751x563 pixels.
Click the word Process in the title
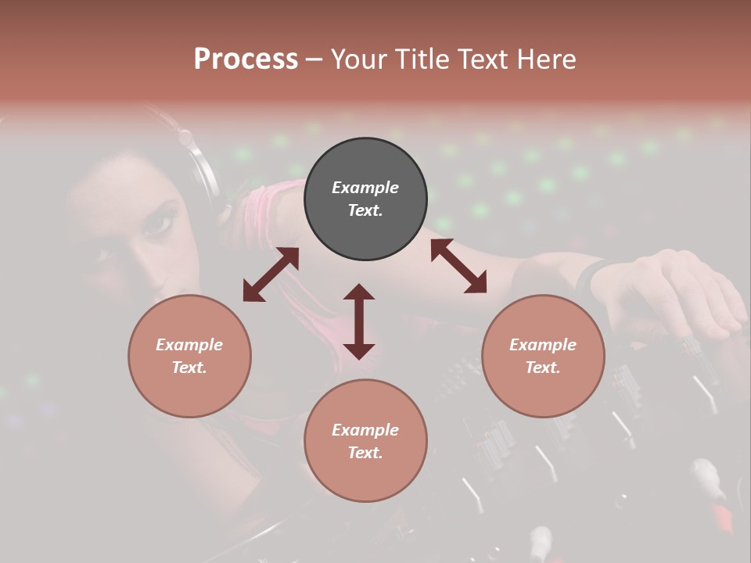click(x=246, y=59)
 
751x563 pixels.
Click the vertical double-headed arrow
click(x=359, y=321)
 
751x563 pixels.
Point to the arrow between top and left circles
click(x=271, y=274)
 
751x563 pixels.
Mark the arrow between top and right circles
click(x=458, y=266)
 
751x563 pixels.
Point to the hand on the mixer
click(x=673, y=289)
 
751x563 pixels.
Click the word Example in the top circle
click(x=365, y=188)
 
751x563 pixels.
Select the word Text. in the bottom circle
click(x=365, y=453)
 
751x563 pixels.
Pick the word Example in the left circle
click(x=189, y=345)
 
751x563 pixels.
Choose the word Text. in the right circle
click(x=543, y=368)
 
